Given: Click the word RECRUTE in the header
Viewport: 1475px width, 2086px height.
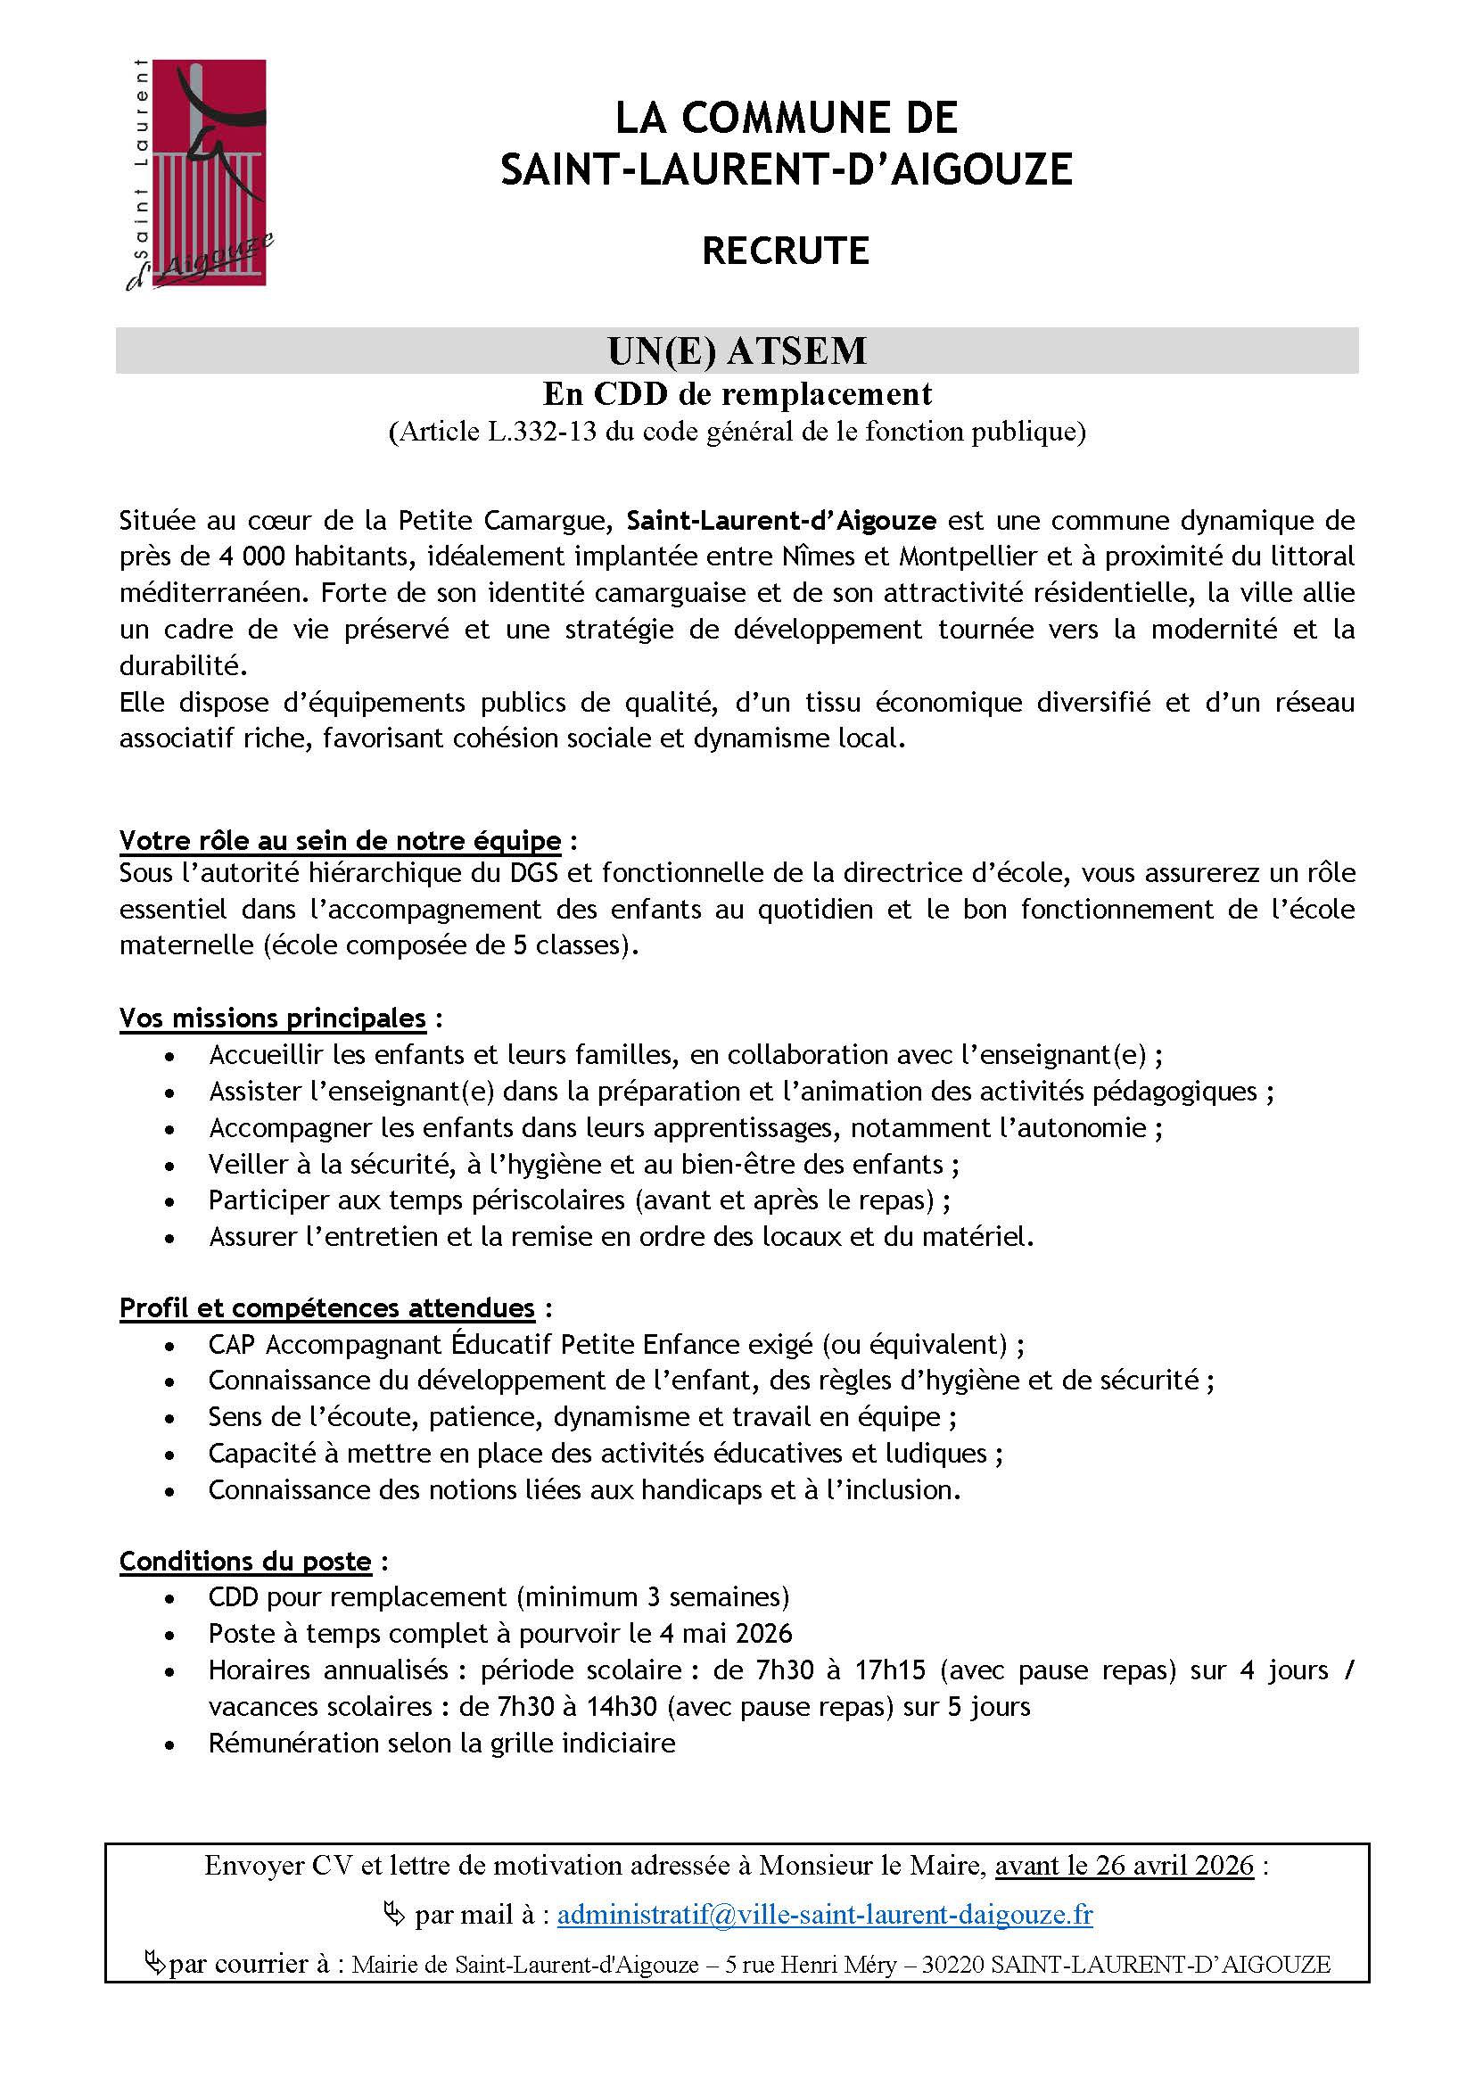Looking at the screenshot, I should pyautogui.click(x=786, y=251).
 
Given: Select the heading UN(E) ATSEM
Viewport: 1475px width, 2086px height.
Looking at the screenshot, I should pyautogui.click(x=737, y=350).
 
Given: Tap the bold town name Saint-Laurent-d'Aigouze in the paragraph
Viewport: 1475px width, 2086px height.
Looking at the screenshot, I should pyautogui.click(x=781, y=521).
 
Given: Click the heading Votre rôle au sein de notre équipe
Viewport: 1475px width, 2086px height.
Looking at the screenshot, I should pyautogui.click(x=340, y=840).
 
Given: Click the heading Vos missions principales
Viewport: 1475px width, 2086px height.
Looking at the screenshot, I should pyautogui.click(x=273, y=1018).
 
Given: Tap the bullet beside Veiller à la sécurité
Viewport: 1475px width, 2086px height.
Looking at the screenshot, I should pyautogui.click(x=169, y=1166).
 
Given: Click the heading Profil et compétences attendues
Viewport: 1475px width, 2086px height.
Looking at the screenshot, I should pyautogui.click(x=327, y=1307).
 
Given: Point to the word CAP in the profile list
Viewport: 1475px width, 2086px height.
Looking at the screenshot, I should pyautogui.click(x=231, y=1344).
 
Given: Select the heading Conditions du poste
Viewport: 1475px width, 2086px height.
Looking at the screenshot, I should pyautogui.click(x=245, y=1561).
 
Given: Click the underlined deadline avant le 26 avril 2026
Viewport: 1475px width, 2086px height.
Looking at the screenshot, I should pyautogui.click(x=1125, y=1865).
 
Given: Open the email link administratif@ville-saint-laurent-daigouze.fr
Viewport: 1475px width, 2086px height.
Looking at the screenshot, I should pyautogui.click(x=825, y=1915).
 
